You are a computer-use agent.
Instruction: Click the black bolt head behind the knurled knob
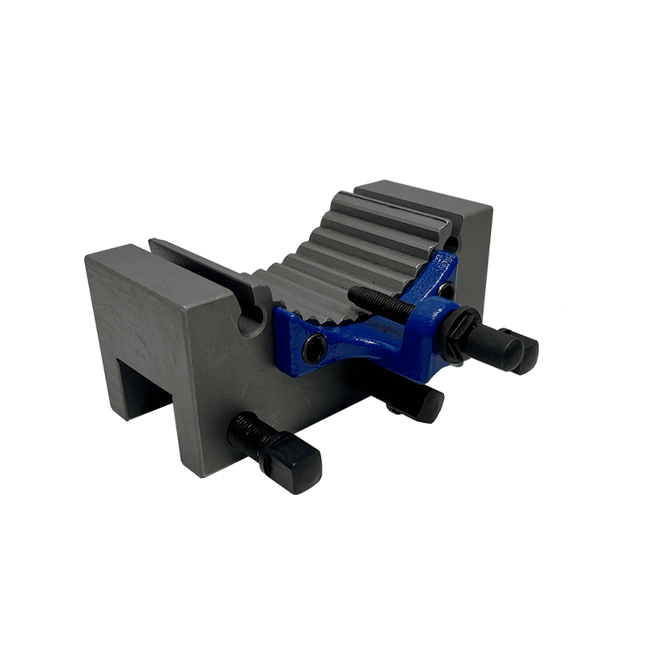click(522, 349)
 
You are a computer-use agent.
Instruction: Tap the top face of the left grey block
click(154, 271)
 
